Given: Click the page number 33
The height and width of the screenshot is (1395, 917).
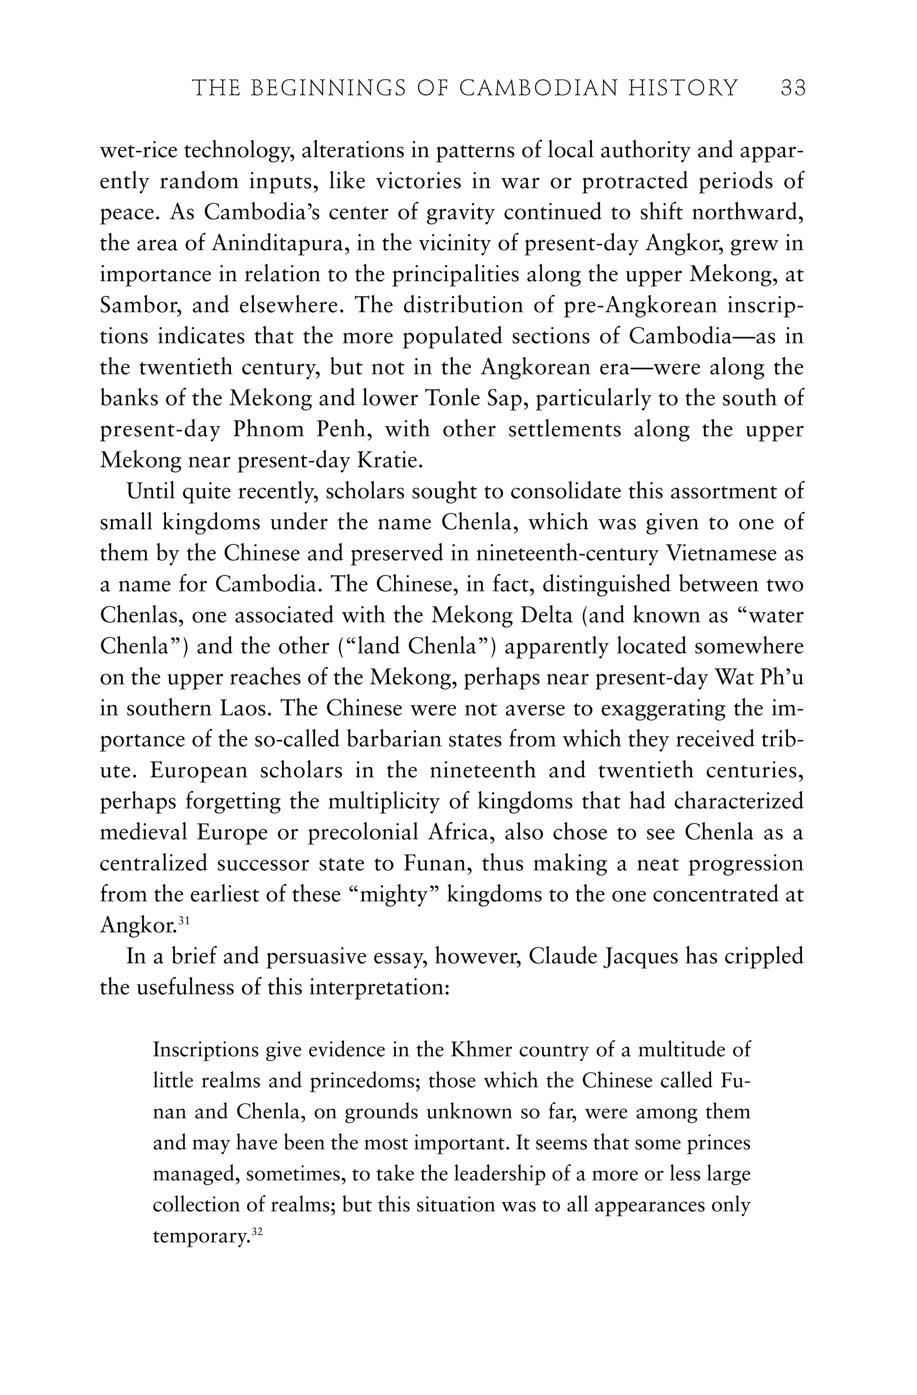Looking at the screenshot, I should [x=793, y=89].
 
